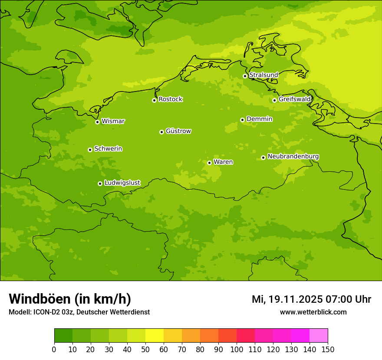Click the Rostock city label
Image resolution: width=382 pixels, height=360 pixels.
[x=170, y=99]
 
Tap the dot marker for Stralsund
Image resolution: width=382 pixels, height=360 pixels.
[x=245, y=76]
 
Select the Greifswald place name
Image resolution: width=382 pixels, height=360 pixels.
[x=294, y=99]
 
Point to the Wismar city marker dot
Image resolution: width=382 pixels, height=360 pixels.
[x=97, y=122]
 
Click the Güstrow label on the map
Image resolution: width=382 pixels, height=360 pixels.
[x=178, y=131]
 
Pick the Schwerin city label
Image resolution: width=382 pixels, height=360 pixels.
[x=108, y=149]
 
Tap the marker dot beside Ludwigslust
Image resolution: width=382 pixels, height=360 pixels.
[x=100, y=183]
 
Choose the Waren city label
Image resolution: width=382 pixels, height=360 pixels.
[x=223, y=162]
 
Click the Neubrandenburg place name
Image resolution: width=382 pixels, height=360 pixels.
[x=293, y=156]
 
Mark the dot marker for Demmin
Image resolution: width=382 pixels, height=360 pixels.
[x=242, y=120]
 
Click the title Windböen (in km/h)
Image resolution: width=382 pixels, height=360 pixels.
[x=70, y=299]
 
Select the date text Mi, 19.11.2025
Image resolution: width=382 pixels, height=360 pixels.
[x=287, y=299]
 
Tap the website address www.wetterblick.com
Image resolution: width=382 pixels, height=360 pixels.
[x=313, y=312]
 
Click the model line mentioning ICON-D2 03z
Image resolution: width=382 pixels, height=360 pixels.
[x=79, y=312]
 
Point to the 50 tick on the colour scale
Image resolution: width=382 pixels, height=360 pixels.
[x=145, y=349]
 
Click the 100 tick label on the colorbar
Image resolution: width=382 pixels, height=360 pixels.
[x=237, y=349]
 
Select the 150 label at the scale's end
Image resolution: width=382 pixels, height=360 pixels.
[x=328, y=349]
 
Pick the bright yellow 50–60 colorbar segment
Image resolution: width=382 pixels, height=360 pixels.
[x=155, y=336]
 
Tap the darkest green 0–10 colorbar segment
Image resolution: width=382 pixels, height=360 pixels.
[x=63, y=336]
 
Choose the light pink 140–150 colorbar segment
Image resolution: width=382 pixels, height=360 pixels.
[x=319, y=336]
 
